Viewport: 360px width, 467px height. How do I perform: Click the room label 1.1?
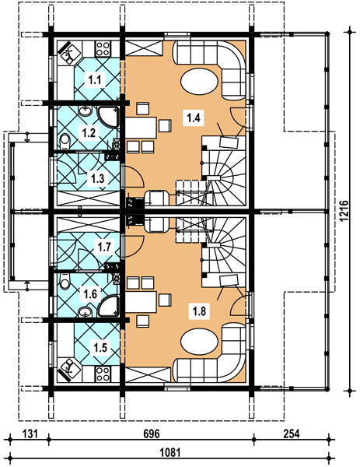tap(95, 80)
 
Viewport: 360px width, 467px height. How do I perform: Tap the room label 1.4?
tap(194, 118)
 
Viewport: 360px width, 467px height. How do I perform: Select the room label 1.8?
tap(199, 311)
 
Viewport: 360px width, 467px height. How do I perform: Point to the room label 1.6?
tap(90, 294)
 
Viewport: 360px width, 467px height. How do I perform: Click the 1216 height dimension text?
tap(344, 211)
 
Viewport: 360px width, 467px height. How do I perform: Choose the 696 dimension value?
tap(152, 434)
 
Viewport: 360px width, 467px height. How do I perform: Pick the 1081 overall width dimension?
tap(170, 453)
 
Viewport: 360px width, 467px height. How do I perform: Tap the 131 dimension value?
tap(30, 434)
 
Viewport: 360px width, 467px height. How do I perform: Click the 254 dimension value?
tap(291, 434)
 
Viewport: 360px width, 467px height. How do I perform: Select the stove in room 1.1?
tap(103, 48)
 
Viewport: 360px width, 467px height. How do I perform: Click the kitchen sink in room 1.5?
tap(70, 370)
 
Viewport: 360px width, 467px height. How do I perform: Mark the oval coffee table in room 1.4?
tap(199, 82)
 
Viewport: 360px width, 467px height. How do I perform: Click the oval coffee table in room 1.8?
tap(199, 341)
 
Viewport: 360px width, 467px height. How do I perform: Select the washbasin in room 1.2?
tap(86, 111)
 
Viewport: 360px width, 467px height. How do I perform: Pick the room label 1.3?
tap(98, 179)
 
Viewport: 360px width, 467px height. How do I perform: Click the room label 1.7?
tap(104, 247)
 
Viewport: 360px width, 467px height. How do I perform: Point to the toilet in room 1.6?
tap(65, 281)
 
